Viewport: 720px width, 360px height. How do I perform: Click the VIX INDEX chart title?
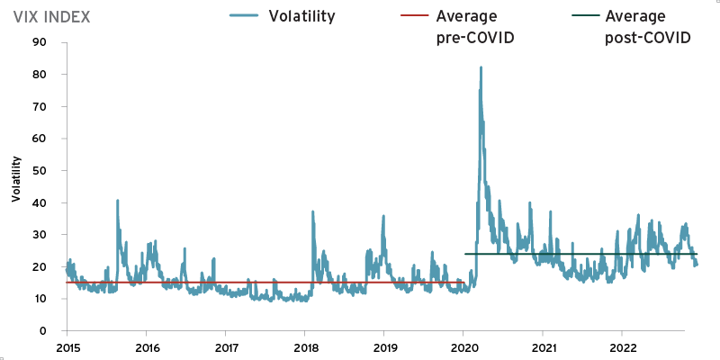[x=51, y=17]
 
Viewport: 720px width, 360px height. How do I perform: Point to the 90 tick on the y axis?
[x=40, y=41]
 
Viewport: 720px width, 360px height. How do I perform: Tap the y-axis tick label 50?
[x=40, y=170]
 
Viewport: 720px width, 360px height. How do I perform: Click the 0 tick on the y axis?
[x=42, y=331]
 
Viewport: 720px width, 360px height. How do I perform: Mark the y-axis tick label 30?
[x=40, y=235]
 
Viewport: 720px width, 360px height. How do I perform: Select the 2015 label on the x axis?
[x=67, y=346]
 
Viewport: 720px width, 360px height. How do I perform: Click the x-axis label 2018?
[x=305, y=346]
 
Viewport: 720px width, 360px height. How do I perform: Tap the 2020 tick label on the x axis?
[x=463, y=346]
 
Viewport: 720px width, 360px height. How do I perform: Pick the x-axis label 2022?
[x=622, y=346]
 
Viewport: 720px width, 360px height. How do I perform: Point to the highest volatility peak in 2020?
[x=481, y=67]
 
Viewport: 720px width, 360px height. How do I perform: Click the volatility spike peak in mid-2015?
[x=118, y=201]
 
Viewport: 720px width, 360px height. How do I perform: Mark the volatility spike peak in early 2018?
[x=312, y=212]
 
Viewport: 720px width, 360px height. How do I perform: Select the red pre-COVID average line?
[x=225, y=283]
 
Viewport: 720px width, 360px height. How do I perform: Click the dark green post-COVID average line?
[x=585, y=254]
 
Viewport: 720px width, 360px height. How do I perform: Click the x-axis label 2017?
[x=226, y=346]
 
